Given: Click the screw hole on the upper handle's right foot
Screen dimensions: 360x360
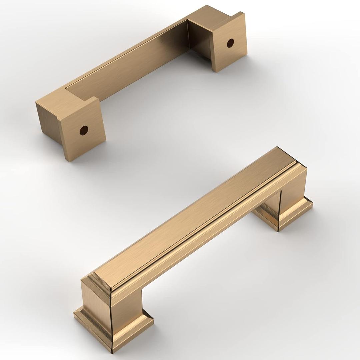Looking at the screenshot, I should coord(230,43).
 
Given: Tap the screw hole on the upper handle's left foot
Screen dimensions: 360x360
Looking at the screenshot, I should coord(84,130).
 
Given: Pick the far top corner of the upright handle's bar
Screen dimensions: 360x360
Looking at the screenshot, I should coord(277,147).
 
